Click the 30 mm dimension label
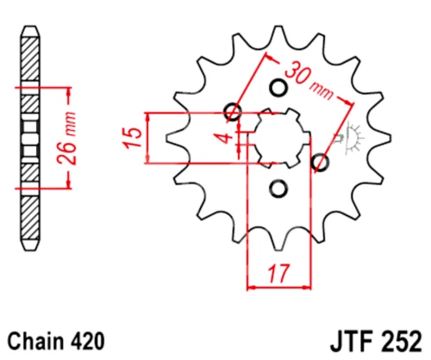click(309, 81)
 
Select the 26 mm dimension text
click(68, 139)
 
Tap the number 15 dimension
click(133, 138)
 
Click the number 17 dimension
click(278, 274)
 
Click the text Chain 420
click(56, 341)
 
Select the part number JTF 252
click(377, 341)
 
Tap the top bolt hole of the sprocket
click(278, 88)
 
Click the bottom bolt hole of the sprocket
click(278, 189)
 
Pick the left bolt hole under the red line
click(233, 111)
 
